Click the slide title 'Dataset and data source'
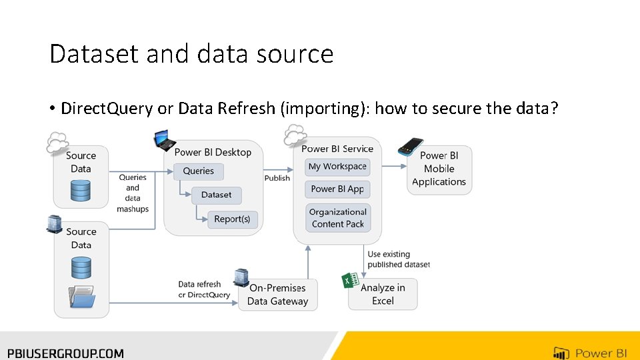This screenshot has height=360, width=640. (191, 53)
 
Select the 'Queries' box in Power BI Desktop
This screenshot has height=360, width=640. (199, 171)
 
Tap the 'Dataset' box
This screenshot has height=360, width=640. (217, 195)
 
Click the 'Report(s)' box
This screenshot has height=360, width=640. (232, 219)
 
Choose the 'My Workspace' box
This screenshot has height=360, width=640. (337, 167)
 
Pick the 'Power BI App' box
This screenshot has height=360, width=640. (337, 189)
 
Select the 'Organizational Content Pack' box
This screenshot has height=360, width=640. (337, 218)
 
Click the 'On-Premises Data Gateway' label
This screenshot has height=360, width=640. (277, 295)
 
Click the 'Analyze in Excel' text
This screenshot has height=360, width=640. (383, 295)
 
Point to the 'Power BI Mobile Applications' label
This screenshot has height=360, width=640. (439, 169)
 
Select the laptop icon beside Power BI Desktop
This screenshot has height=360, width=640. (164, 141)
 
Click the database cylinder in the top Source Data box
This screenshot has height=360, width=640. (81, 191)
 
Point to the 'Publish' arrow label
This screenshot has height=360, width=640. (277, 178)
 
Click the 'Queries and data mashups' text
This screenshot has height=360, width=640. (133, 193)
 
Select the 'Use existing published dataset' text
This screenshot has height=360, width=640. (399, 259)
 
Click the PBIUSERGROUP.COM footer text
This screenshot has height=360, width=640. (65, 353)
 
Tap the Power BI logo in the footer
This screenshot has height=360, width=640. (589, 353)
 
